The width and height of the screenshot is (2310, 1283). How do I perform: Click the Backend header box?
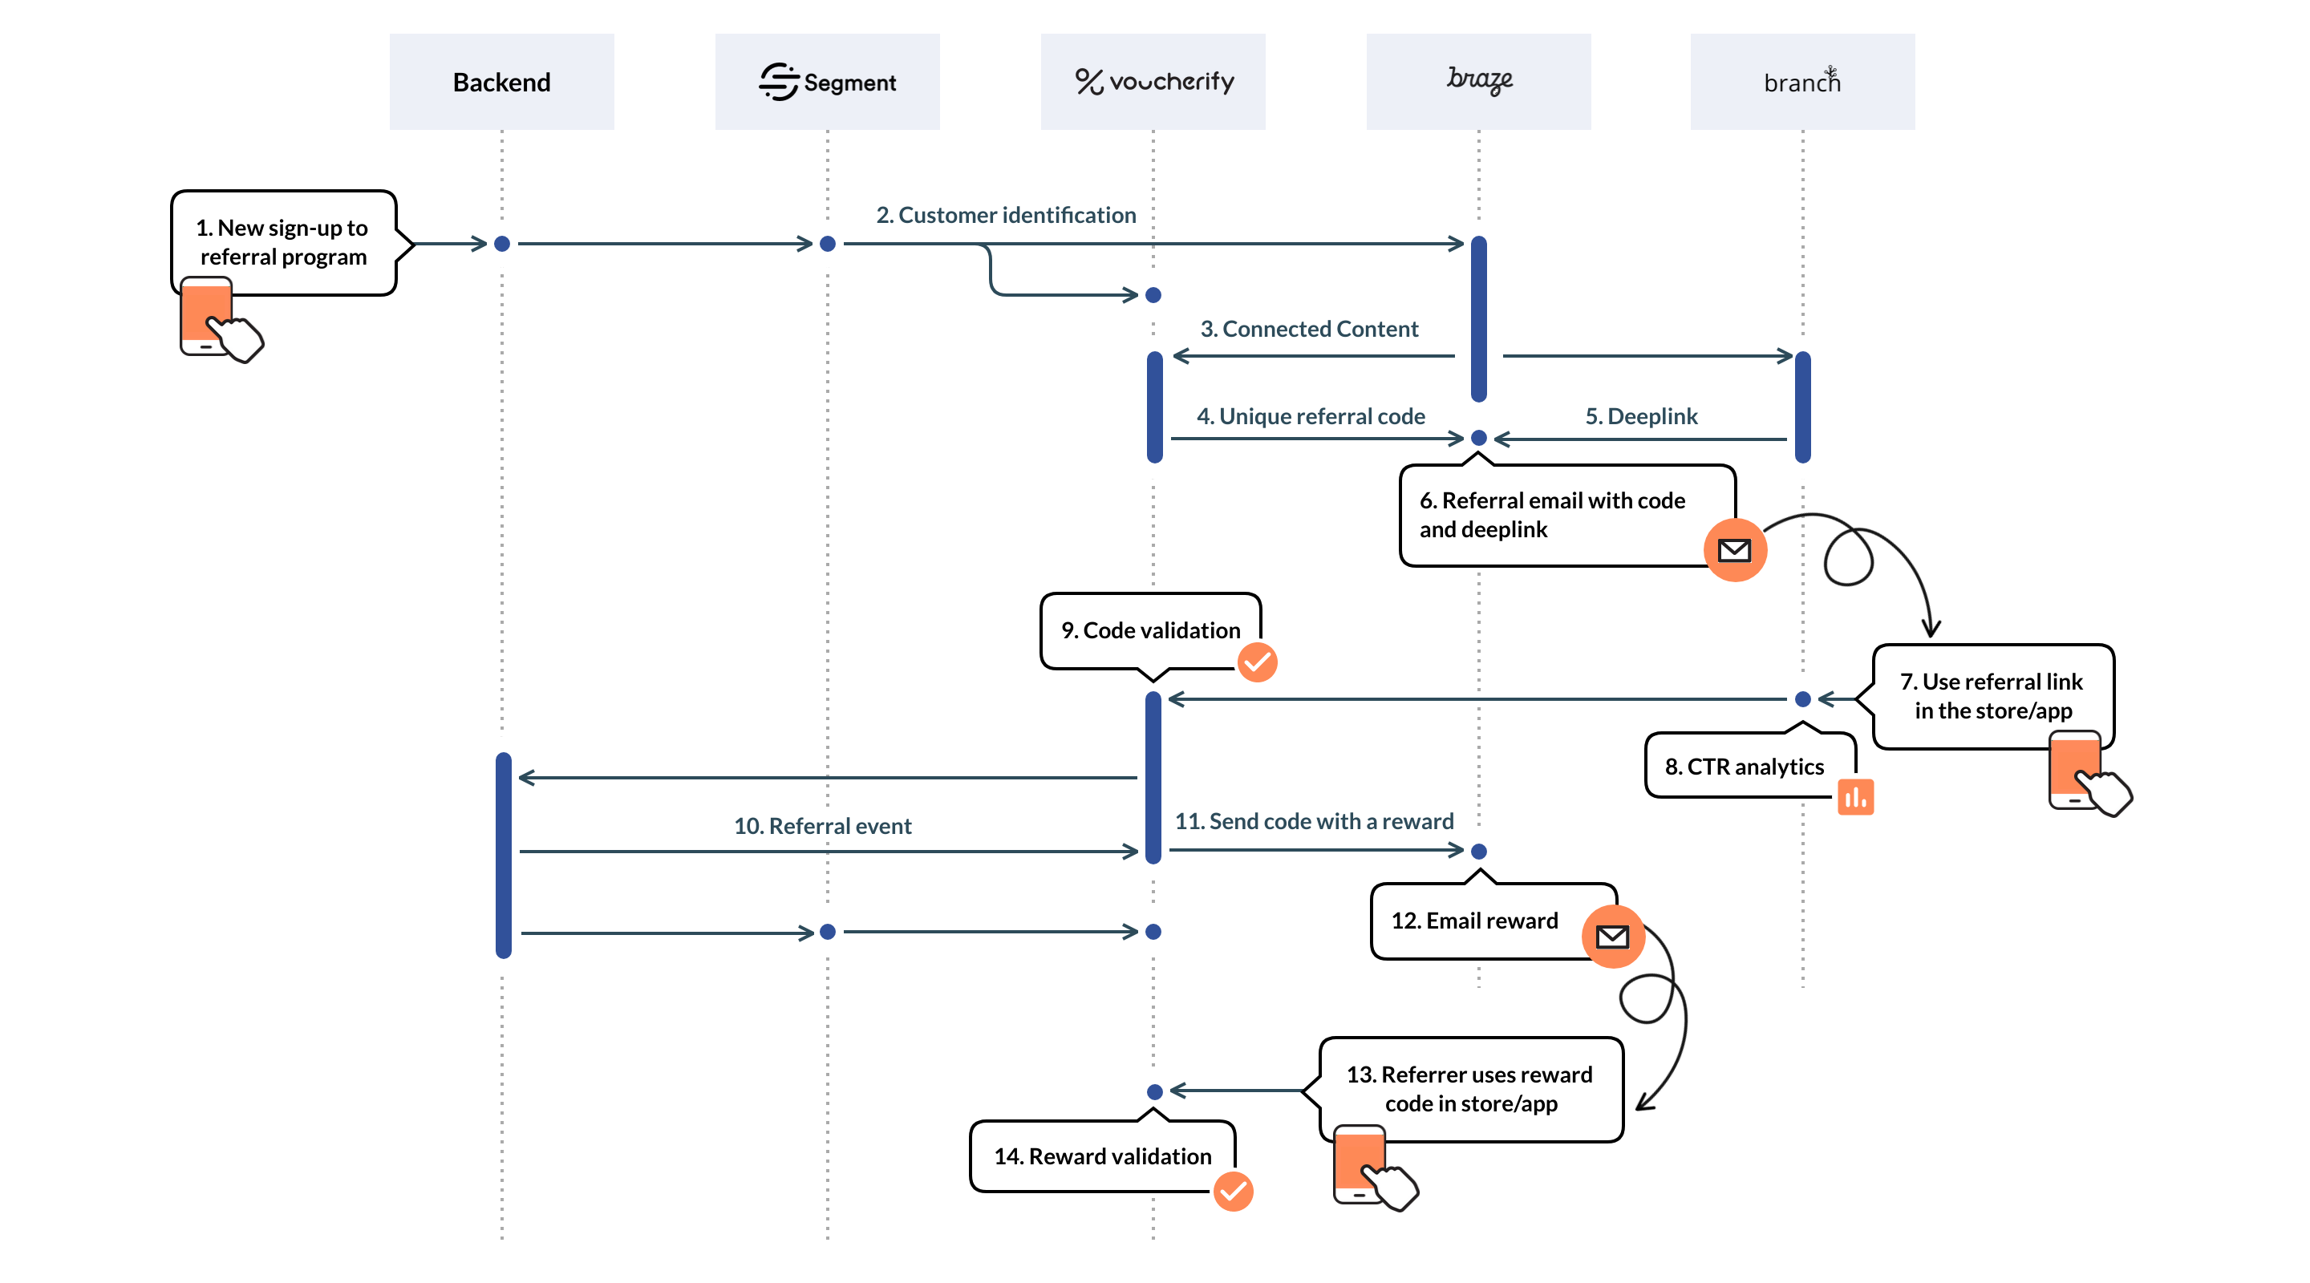(x=501, y=82)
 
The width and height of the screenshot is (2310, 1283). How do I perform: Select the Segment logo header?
(x=827, y=82)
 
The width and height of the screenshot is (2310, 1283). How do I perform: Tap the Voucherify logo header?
(x=1153, y=82)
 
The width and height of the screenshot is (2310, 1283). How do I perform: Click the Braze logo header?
(x=1479, y=82)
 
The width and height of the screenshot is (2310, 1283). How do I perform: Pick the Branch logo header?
(x=1802, y=82)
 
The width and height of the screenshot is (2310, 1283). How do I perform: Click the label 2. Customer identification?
(x=1005, y=215)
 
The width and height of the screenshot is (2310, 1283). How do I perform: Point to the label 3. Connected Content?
(x=1309, y=329)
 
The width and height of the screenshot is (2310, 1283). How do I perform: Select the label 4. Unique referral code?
(x=1310, y=416)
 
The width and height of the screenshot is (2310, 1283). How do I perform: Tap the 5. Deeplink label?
(x=1641, y=416)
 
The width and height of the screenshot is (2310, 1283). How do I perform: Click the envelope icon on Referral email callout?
(x=1734, y=549)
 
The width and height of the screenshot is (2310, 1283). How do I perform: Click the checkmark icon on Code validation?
(x=1257, y=662)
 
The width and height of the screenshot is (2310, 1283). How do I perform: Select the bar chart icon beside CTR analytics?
(x=1855, y=796)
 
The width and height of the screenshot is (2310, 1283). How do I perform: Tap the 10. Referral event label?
(x=822, y=826)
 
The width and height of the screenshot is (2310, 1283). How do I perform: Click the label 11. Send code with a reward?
(x=1314, y=821)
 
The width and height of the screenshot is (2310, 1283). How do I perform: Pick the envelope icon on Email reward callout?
(x=1612, y=937)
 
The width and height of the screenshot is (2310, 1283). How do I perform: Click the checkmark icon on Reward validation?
(x=1233, y=1192)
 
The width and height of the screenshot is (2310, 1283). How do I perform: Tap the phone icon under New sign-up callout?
(x=207, y=317)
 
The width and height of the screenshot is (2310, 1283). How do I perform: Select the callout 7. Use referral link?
(x=1992, y=696)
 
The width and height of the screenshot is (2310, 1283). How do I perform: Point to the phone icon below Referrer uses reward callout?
(x=1360, y=1164)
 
